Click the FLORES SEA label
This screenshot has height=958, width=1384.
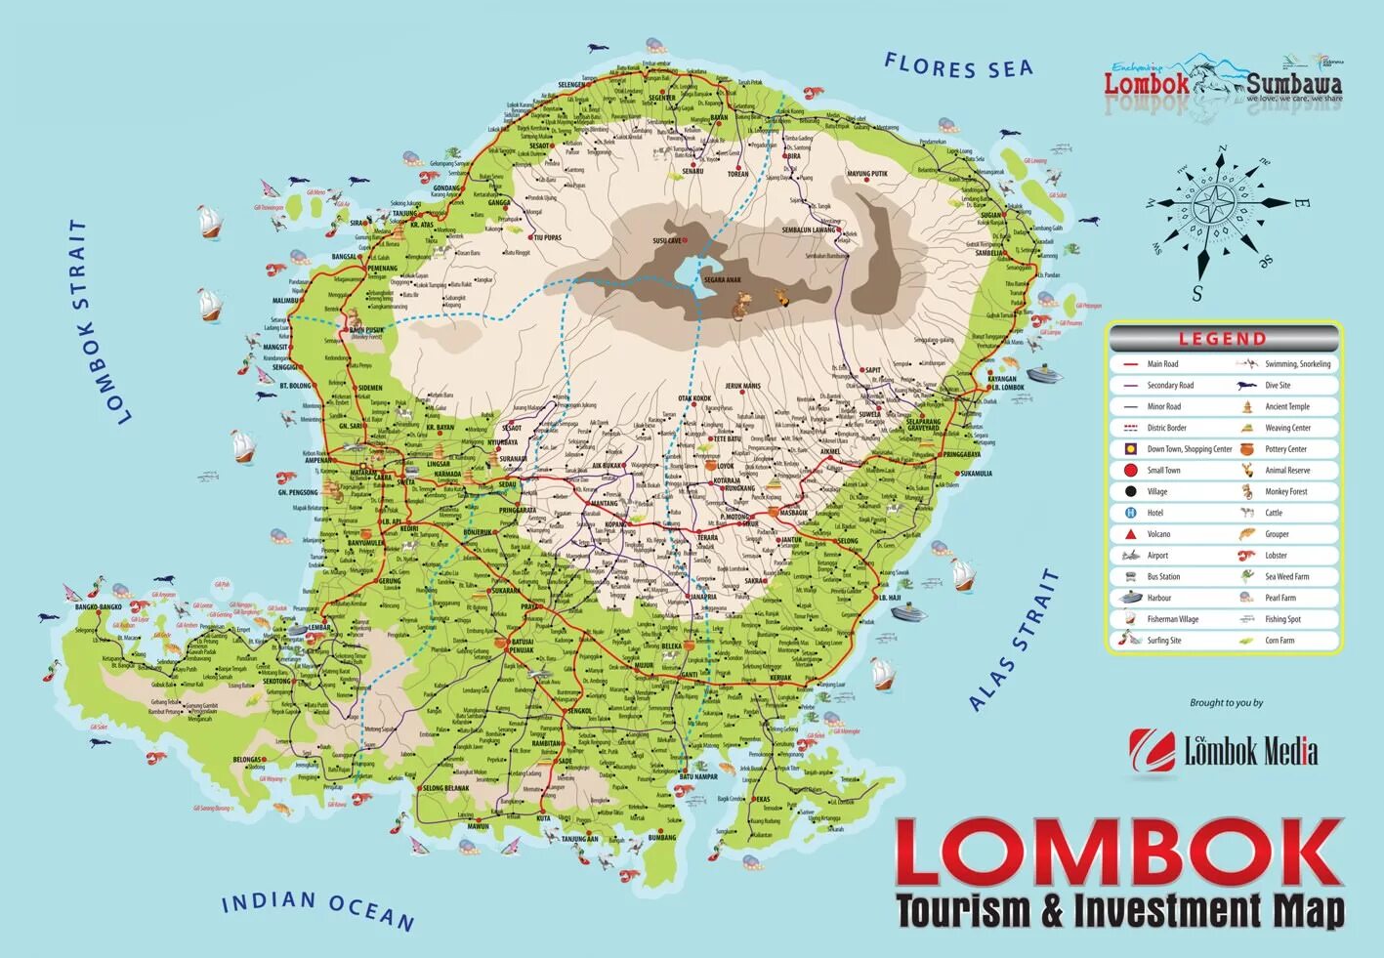click(958, 67)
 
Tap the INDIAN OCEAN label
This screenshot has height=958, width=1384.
click(317, 909)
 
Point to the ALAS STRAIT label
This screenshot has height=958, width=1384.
click(1015, 640)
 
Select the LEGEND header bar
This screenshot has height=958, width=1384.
click(1223, 339)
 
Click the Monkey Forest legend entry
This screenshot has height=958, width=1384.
click(1285, 491)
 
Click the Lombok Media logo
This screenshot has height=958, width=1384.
click(1223, 750)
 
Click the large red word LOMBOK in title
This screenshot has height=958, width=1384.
click(1118, 853)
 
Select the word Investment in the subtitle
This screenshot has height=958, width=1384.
click(1168, 911)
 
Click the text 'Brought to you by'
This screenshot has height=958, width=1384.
click(1226, 703)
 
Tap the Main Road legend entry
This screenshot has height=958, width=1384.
click(1162, 364)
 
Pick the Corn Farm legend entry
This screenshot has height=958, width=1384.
click(1279, 641)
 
